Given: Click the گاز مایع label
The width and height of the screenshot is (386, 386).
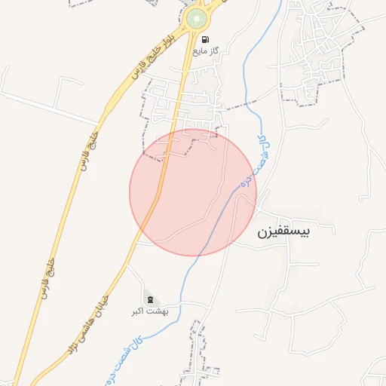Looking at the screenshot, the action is tap(205, 51).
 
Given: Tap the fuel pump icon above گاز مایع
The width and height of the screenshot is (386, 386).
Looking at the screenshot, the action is tap(205, 39).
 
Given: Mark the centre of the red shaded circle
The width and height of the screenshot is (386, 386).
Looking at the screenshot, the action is tap(193, 192).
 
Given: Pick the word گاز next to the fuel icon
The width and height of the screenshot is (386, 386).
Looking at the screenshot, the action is tap(214, 51).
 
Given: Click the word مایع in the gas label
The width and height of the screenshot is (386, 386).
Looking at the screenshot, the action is tap(199, 51).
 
